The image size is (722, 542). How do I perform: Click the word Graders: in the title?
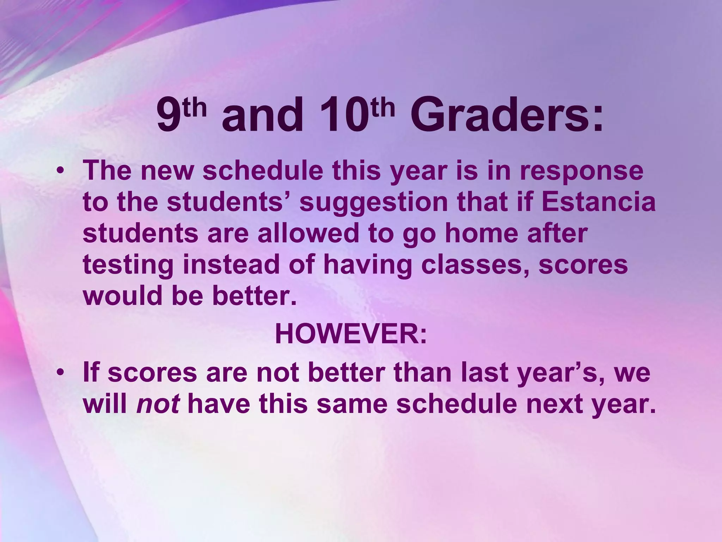[x=507, y=115]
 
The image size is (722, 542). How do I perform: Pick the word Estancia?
[x=598, y=202]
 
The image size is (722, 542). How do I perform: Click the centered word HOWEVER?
[x=351, y=334]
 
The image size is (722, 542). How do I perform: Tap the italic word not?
[x=158, y=404]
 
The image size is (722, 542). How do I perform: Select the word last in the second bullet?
[x=483, y=372]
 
